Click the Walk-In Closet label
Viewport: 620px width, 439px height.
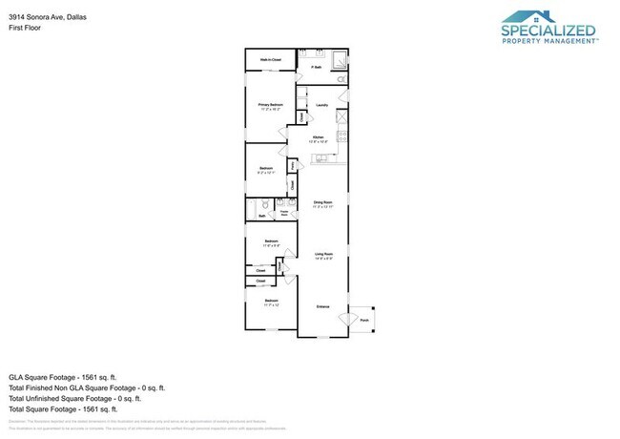tap(271, 60)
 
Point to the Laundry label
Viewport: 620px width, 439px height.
tap(322, 105)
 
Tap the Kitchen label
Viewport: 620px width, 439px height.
tap(319, 138)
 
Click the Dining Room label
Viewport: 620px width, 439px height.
tap(322, 202)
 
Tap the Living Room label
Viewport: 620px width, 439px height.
tap(322, 254)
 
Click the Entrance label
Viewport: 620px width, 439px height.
tap(323, 306)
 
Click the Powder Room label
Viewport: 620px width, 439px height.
tap(284, 215)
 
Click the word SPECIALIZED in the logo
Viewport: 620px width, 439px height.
tap(548, 31)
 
